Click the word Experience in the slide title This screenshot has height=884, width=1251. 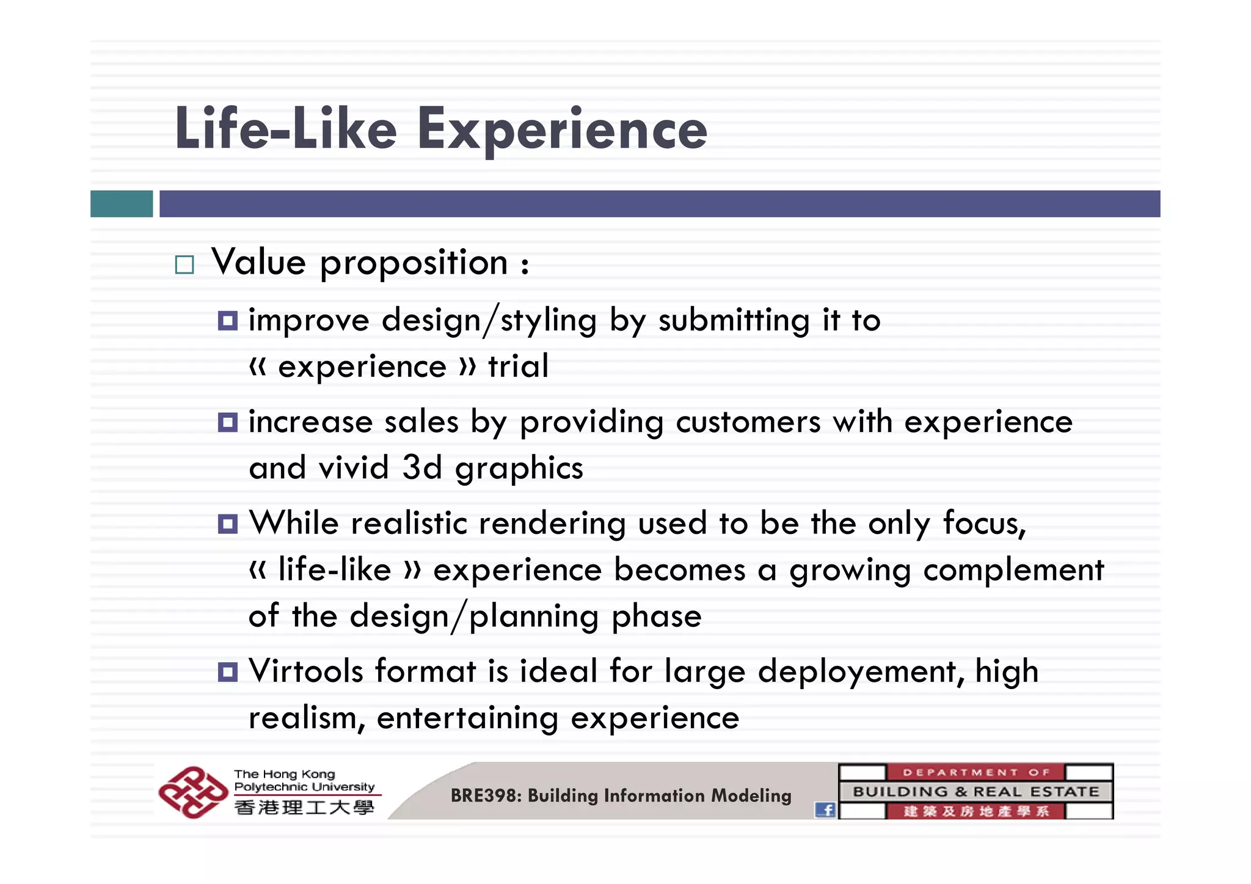(562, 130)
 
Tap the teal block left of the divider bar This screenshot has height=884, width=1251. (122, 203)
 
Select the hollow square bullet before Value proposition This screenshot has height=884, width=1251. (184, 265)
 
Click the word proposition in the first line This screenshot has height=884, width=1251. (414, 263)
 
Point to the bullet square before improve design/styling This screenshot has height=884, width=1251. (228, 321)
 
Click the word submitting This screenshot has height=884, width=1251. (734, 320)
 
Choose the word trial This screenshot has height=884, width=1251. (518, 366)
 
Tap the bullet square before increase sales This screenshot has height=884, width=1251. (228, 422)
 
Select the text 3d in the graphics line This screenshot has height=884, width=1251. (421, 467)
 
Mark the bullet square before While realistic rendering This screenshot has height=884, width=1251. (228, 524)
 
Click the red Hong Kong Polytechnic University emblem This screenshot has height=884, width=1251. (193, 792)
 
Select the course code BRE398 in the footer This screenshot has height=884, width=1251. (484, 795)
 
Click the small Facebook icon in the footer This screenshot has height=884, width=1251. (825, 810)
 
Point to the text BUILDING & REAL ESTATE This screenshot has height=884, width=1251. (976, 792)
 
